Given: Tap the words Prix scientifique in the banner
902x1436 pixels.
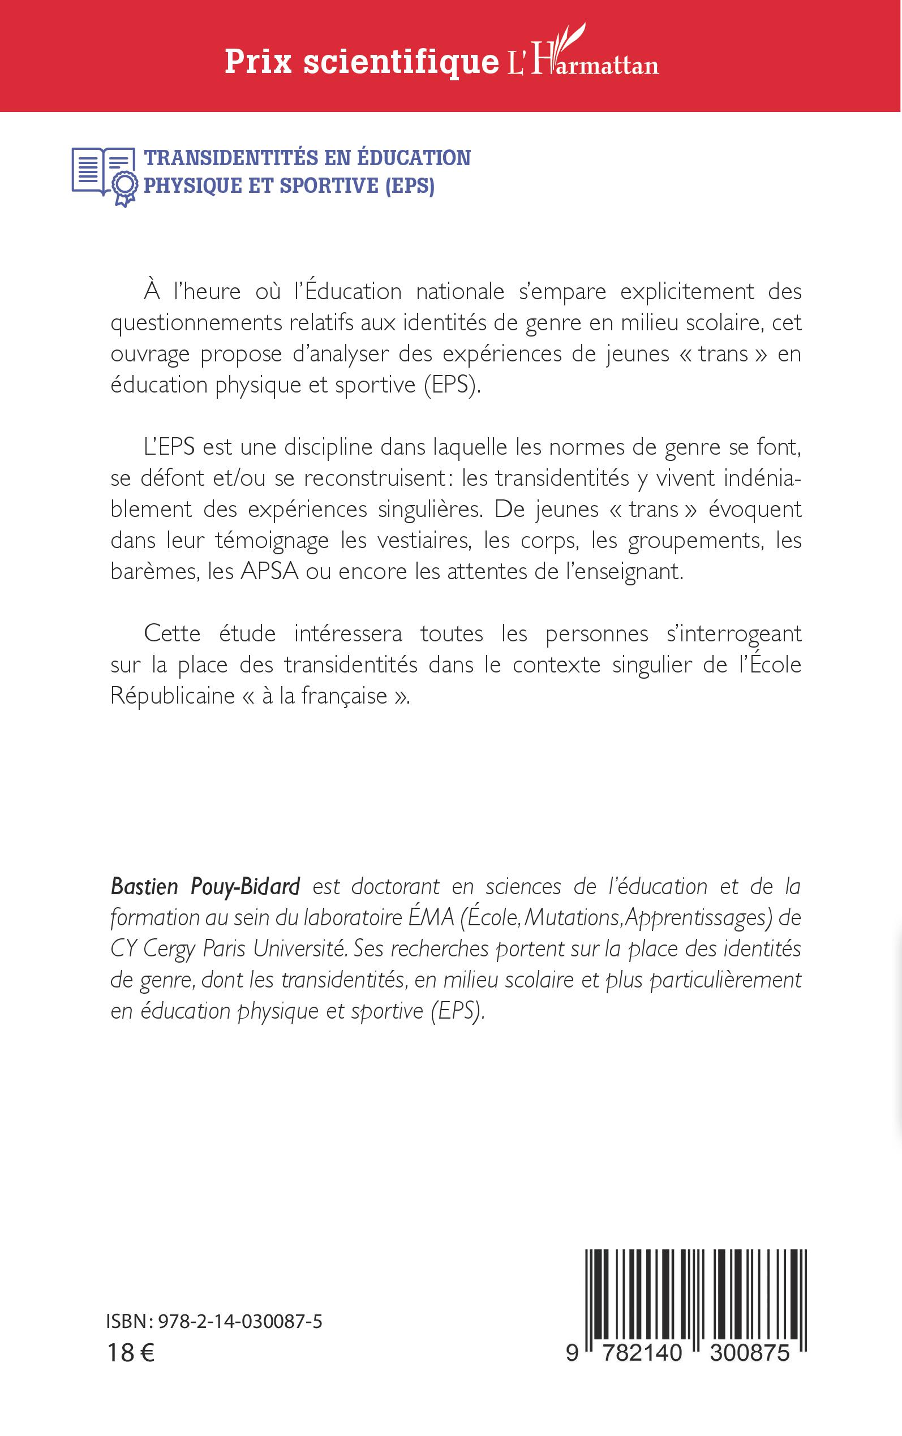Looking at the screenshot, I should point(362,62).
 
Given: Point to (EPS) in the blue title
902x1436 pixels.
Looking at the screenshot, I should point(410,186).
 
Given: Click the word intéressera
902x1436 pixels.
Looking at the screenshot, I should point(348,633).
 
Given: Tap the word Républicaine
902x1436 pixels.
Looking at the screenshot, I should point(173,696).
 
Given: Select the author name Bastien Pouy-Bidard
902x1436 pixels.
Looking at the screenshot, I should point(205,887).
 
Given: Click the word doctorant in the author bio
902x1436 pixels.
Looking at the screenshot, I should point(395,887).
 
